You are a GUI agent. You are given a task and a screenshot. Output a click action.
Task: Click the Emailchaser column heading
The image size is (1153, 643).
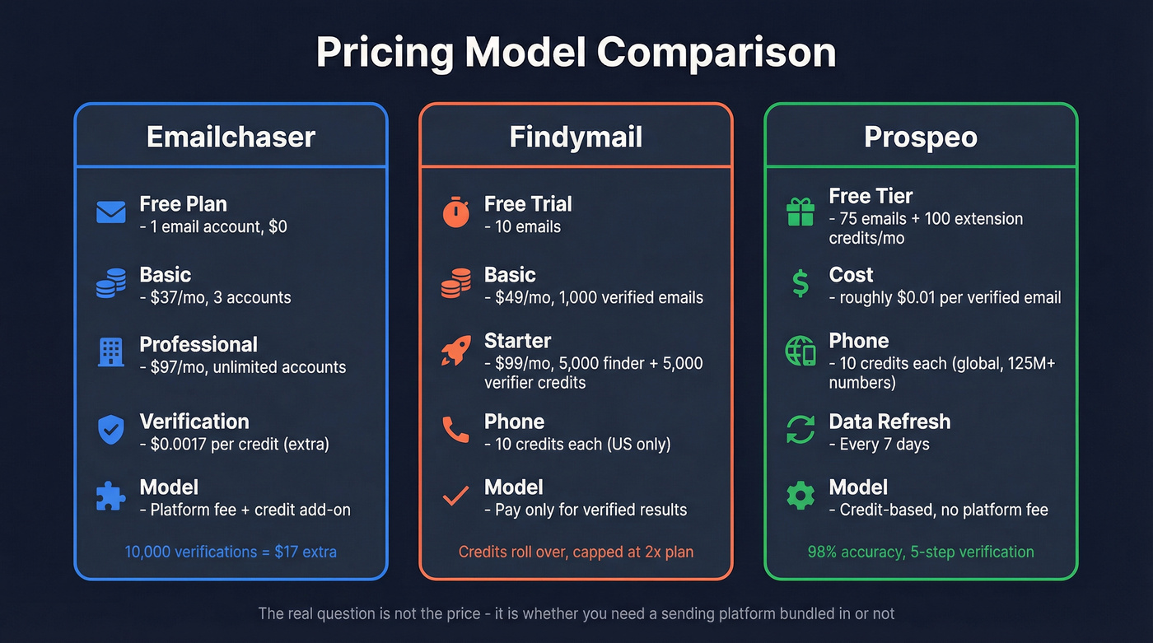pos(231,137)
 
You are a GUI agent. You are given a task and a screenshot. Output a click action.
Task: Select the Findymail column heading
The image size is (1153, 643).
pos(576,137)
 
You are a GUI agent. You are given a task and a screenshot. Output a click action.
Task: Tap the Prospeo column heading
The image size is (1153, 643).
pos(921,137)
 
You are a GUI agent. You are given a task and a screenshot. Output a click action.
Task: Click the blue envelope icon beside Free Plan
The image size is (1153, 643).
pos(111,213)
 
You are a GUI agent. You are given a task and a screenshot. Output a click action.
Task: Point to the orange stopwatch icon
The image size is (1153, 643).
pos(455,213)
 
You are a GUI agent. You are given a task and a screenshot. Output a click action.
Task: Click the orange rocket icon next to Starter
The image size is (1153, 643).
pos(455,352)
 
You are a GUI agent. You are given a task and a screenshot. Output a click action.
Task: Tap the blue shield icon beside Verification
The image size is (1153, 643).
pos(111,430)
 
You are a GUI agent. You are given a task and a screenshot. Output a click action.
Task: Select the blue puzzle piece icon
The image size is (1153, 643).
pos(111,496)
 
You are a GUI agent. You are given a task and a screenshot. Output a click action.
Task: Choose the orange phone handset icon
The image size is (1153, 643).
pos(455,430)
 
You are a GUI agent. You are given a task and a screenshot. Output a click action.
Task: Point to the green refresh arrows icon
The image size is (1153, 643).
pos(801,430)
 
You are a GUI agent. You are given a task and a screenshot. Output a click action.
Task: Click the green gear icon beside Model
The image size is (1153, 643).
pos(801,496)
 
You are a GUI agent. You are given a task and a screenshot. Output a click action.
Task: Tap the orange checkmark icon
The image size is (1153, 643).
pos(455,496)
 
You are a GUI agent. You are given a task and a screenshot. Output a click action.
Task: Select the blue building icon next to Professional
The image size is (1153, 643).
pos(111,352)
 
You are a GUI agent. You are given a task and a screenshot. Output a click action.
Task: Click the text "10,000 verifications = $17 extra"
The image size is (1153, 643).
pos(231,552)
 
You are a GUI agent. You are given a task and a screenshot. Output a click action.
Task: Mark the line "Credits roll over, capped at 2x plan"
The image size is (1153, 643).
pos(576,552)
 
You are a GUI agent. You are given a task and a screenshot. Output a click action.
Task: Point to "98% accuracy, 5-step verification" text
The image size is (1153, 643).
pos(921,552)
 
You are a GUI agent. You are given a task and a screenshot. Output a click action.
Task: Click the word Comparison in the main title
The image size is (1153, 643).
pos(717,53)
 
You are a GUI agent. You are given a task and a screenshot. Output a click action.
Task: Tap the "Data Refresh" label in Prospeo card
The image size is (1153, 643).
pos(889,422)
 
